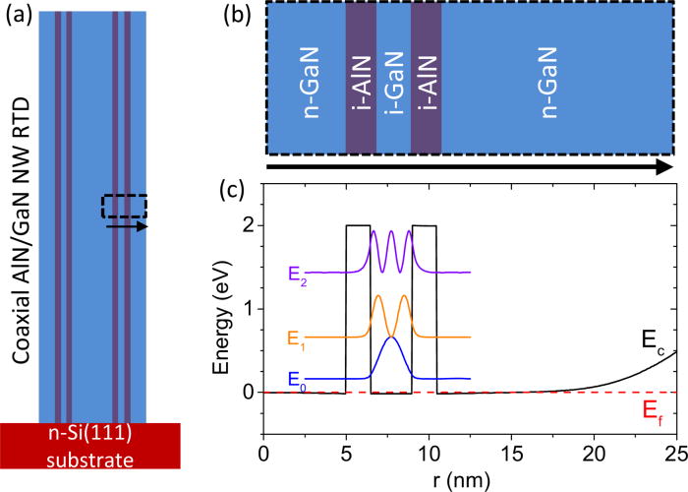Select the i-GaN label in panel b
pos(394,83)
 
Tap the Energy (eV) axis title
pos(217,309)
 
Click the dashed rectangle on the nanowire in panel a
pos(124,206)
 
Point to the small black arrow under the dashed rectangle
pos(127,226)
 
